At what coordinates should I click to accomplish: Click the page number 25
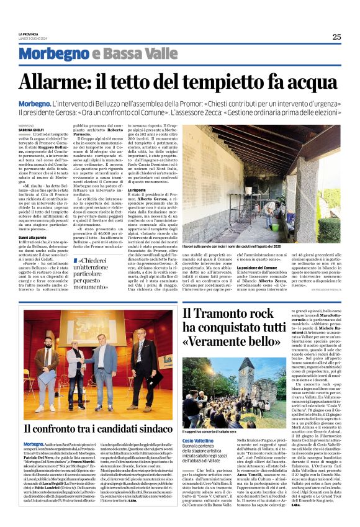336,37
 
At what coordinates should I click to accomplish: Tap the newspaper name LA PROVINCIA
29,34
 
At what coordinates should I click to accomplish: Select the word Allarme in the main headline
60,82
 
